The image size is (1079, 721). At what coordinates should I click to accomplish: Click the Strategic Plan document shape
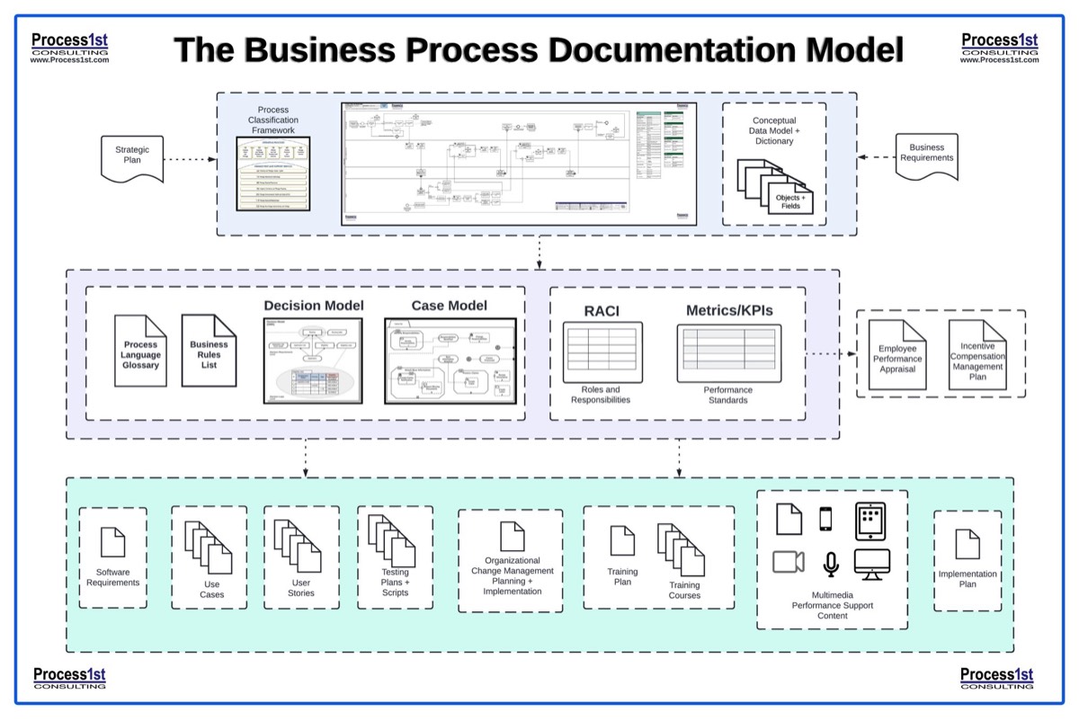[x=131, y=157]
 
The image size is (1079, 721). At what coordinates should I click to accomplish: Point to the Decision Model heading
[x=314, y=306]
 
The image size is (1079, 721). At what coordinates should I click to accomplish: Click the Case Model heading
[x=450, y=306]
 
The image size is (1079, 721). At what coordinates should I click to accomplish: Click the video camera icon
[x=789, y=561]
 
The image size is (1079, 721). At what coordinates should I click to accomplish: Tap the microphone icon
[x=831, y=564]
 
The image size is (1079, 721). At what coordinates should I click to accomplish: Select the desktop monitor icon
[x=871, y=564]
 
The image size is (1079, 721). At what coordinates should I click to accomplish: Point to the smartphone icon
[x=825, y=520]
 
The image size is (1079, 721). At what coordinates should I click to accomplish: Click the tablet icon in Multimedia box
[x=870, y=521]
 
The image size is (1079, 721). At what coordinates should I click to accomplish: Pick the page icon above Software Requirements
[x=113, y=542]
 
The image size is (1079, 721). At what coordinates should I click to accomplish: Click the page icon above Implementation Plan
[x=967, y=544]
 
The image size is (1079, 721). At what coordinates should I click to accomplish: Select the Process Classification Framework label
[x=273, y=120]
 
